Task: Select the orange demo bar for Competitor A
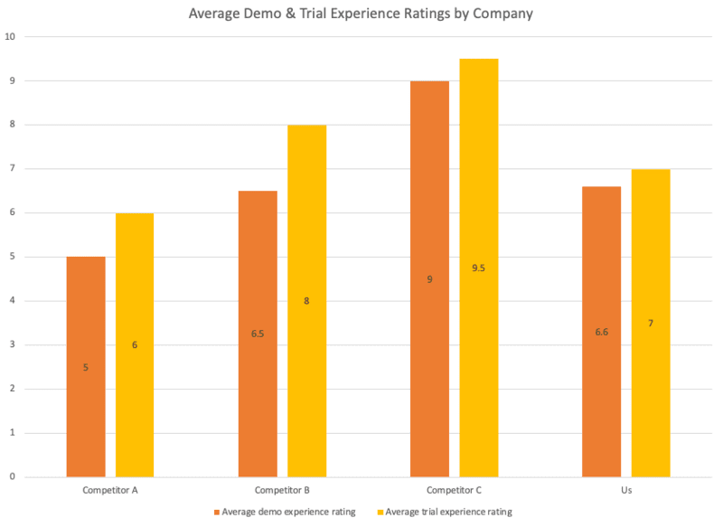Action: (x=86, y=366)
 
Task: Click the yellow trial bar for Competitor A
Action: (x=135, y=344)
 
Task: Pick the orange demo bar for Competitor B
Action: (x=258, y=334)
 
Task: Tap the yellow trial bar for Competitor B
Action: (x=306, y=300)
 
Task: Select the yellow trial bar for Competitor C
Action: (x=479, y=268)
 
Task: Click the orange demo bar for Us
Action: (x=601, y=331)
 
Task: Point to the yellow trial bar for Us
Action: (x=651, y=323)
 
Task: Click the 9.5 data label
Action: (x=479, y=268)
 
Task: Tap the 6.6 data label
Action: (x=601, y=333)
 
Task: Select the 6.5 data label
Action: (x=258, y=334)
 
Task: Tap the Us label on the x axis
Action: (x=625, y=490)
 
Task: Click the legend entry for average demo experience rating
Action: (x=285, y=512)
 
